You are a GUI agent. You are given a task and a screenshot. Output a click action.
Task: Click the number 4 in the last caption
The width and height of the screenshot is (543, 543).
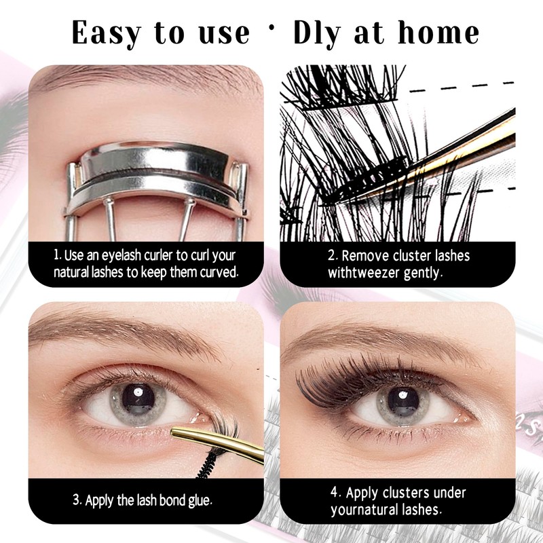(334, 492)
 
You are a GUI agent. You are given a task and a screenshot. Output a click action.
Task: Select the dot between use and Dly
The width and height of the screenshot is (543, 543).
(271, 32)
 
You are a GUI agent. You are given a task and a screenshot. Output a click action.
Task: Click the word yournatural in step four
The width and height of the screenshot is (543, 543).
(366, 509)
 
